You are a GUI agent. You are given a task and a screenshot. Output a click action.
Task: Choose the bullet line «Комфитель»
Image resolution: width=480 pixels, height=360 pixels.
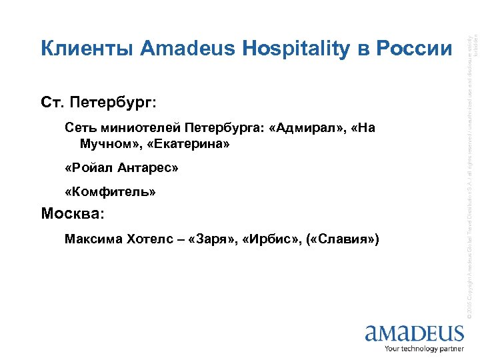[111, 192]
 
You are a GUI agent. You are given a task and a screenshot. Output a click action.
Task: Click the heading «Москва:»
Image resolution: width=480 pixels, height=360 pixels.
[73, 215]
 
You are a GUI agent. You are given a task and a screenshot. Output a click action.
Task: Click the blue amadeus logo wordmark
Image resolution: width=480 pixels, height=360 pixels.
[414, 333]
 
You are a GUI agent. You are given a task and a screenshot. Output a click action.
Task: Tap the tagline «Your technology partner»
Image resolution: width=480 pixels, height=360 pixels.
[425, 348]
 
